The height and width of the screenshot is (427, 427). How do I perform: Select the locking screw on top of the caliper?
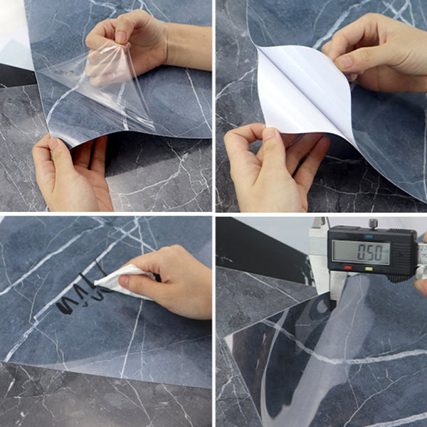(372, 223)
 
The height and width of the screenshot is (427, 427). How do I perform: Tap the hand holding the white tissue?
(171, 278)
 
